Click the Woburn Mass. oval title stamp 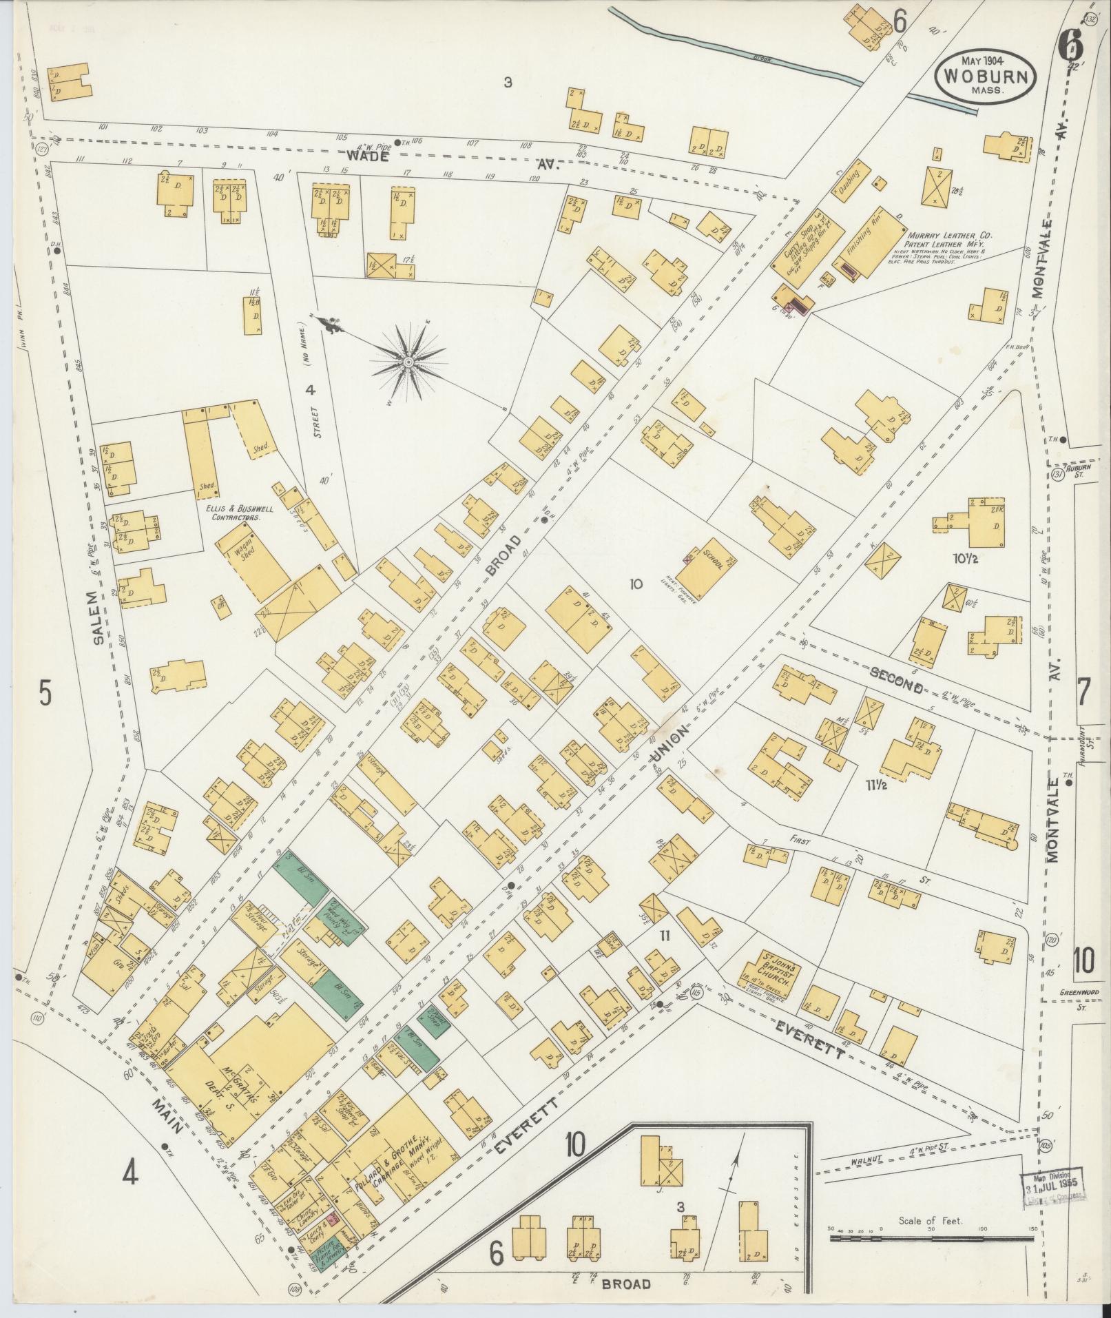pos(985,76)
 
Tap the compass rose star pos(408,361)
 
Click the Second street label pos(895,685)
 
